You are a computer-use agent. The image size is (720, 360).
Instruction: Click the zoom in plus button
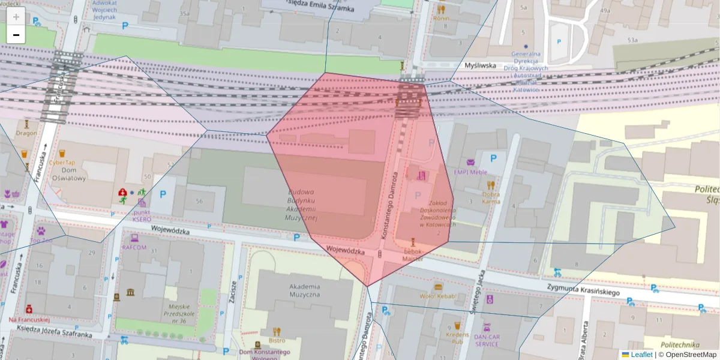coord(16,16)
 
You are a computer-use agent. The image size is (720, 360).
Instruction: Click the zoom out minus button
coord(16,35)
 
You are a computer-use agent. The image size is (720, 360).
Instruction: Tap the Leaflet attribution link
coord(641,355)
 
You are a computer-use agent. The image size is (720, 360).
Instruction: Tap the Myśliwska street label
coord(481,65)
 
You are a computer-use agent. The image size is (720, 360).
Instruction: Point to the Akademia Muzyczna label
coord(304,290)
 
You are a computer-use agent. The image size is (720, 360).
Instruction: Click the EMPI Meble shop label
coord(470,172)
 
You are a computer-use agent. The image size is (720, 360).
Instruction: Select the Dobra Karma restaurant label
coord(491,197)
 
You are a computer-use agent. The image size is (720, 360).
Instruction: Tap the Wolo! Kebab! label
coord(439,296)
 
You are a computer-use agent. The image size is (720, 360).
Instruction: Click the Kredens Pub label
coord(457,337)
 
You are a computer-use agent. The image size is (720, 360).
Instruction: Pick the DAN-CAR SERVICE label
coord(487,340)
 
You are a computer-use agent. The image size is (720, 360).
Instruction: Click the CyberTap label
coord(62,163)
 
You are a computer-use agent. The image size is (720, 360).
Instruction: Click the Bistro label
coord(277,340)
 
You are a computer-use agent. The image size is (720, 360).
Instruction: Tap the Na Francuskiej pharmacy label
coord(28,320)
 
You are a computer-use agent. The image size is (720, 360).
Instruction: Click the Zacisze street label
coord(233,293)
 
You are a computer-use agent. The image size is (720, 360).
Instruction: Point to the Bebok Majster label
coord(413,254)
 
